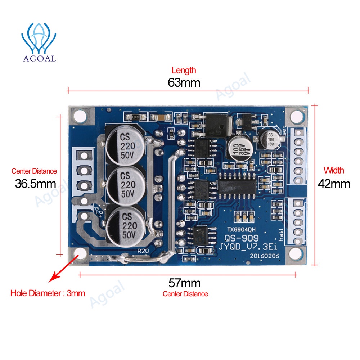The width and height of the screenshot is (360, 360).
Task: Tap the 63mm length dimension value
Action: coord(184,82)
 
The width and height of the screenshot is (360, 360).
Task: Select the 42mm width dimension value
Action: coord(334,184)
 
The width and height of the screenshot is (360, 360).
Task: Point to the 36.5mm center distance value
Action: coord(35,184)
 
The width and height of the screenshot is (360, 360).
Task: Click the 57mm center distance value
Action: coord(184,283)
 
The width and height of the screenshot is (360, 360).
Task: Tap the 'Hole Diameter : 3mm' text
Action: coord(48,293)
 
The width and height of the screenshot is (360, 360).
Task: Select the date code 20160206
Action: coord(263,255)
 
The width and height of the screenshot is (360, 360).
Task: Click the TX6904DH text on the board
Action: coord(242,229)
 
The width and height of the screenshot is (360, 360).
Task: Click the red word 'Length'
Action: coord(184,70)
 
